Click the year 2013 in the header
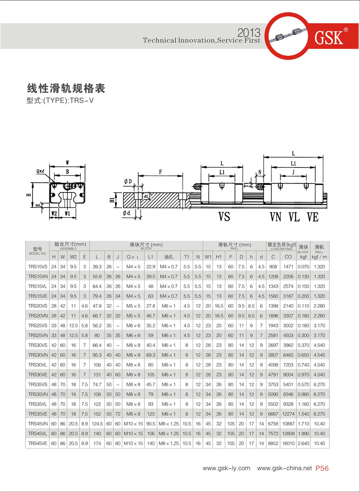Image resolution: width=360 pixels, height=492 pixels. (249, 33)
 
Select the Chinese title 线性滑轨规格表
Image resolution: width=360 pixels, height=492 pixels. (66, 89)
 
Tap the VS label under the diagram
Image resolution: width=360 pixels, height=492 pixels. (224, 217)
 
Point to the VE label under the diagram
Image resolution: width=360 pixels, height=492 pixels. (313, 217)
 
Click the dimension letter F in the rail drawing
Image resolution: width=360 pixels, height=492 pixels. (160, 172)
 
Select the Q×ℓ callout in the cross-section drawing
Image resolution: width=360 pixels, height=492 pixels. (41, 171)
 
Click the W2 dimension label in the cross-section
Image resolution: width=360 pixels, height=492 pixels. (54, 213)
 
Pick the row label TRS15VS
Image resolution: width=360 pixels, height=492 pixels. (37, 267)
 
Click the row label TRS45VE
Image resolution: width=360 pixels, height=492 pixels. (37, 443)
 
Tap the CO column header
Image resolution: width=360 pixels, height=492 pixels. (288, 257)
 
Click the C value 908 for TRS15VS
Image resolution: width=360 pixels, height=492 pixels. (273, 267)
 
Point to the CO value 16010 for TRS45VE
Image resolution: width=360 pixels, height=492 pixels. (288, 443)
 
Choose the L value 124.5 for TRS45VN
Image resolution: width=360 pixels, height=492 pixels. (97, 423)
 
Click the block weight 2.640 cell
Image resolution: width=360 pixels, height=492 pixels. (303, 443)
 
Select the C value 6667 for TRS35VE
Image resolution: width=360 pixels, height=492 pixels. (273, 414)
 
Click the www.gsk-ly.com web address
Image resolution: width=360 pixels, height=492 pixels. (227, 468)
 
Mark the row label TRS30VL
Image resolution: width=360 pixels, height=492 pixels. (37, 365)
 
